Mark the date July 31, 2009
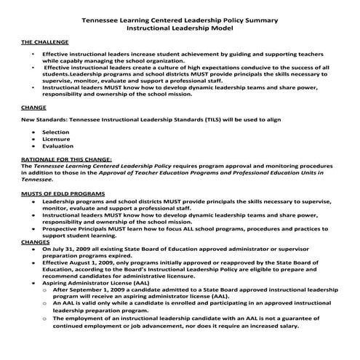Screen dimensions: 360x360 [75, 249]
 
